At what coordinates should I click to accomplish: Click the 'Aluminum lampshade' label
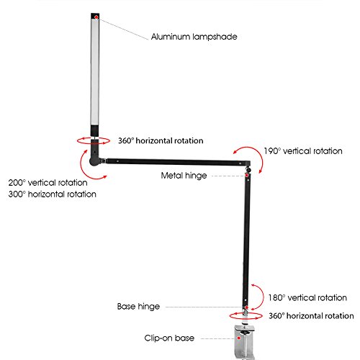point(194,37)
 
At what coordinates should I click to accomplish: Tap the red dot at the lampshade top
point(96,17)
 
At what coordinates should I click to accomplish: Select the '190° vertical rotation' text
point(303,151)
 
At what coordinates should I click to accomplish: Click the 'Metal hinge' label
point(184,176)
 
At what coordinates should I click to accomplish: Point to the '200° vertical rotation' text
point(48,183)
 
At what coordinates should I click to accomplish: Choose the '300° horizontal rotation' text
point(53,194)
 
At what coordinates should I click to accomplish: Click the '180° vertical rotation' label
point(307,298)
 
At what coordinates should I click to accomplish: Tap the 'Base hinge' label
point(138,307)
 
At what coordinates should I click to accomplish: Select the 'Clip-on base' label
point(169,338)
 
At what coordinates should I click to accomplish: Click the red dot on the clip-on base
point(239,338)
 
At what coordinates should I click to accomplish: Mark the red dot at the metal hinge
point(246,175)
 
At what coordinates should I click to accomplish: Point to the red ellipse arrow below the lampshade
point(94,143)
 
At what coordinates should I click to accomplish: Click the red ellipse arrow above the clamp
point(246,319)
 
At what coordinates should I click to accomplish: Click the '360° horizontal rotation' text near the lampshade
point(161,140)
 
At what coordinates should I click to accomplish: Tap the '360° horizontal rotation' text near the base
point(311,316)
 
